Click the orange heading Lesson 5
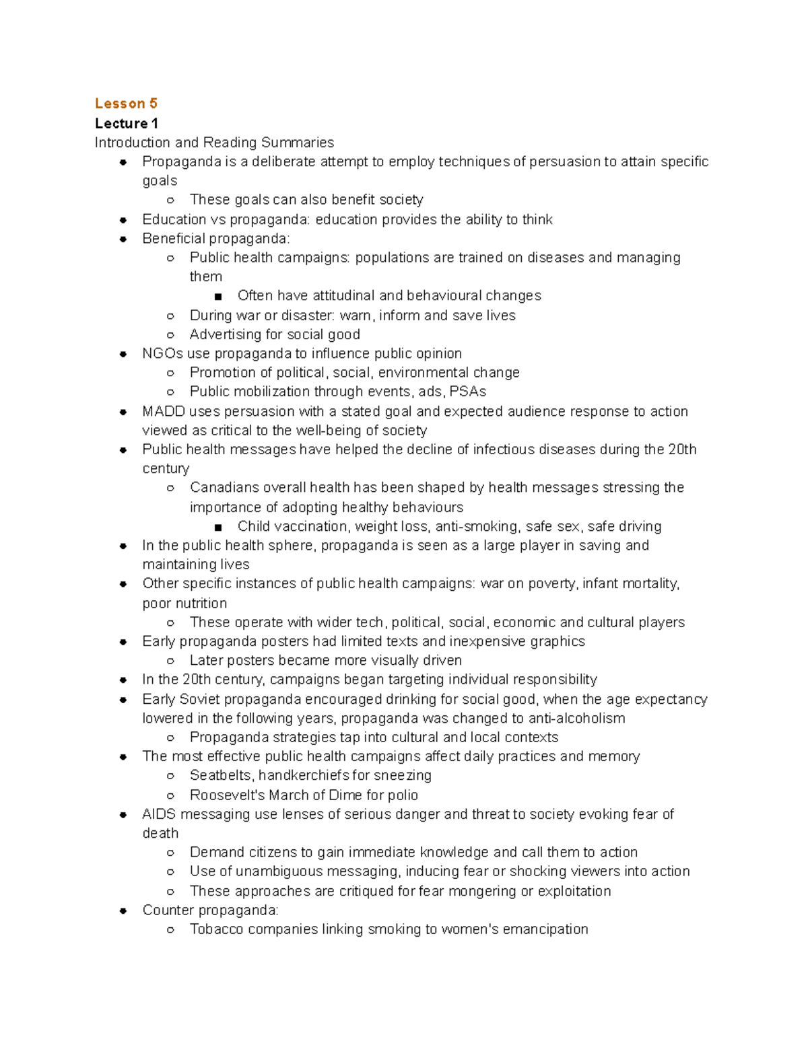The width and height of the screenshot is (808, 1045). coord(126,104)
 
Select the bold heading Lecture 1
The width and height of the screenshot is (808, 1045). coord(127,123)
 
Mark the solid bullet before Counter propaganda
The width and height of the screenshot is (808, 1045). coord(123,910)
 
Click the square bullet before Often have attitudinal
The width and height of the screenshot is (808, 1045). coord(217,296)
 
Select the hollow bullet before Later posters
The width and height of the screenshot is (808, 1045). coord(170,661)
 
